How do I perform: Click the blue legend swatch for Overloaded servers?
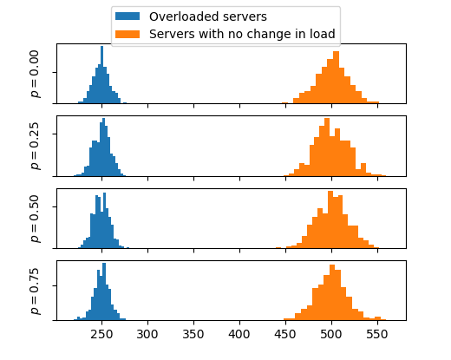(x=127, y=16)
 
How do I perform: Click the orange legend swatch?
(x=127, y=34)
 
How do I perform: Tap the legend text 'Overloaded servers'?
(x=208, y=16)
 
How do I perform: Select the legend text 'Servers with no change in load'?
(x=242, y=34)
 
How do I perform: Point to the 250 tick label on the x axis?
(x=101, y=335)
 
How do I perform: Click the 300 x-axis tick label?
(x=147, y=335)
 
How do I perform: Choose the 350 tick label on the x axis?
(x=193, y=335)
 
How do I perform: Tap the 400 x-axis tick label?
(x=239, y=335)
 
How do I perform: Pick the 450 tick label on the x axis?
(x=285, y=335)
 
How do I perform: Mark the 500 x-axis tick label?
(x=331, y=335)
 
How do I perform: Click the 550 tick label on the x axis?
(x=377, y=335)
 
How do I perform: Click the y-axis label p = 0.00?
(x=35, y=74)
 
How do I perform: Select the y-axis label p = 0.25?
(x=35, y=146)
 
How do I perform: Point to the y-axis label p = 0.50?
(x=35, y=219)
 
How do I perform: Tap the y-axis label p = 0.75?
(x=35, y=291)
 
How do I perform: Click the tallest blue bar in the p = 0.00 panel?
(x=101, y=75)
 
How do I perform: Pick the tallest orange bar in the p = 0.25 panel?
(x=327, y=147)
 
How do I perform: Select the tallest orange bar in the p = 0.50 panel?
(x=330, y=219)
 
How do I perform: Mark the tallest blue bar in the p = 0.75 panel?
(x=104, y=291)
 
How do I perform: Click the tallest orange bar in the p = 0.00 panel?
(x=336, y=77)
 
